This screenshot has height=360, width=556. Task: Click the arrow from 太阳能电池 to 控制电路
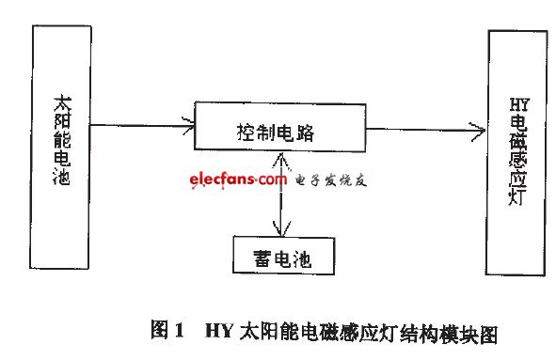pos(141,125)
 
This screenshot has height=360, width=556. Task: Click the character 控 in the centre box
pos(239,133)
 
